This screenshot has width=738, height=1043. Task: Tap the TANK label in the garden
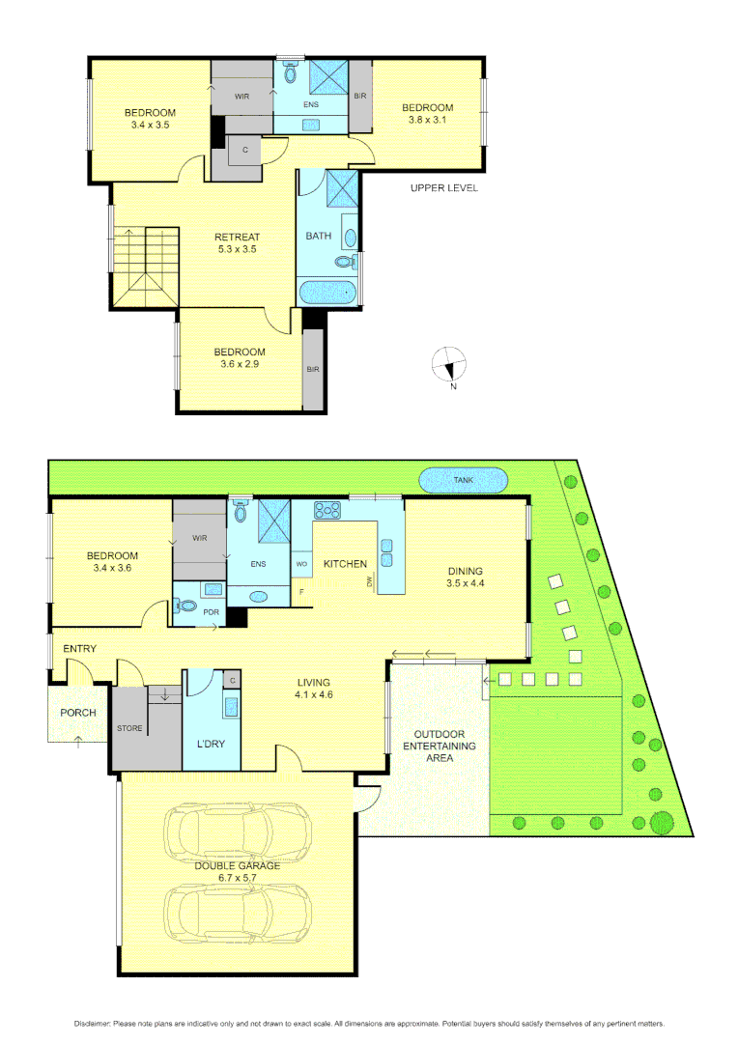tap(463, 480)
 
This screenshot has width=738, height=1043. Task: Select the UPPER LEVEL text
tap(443, 187)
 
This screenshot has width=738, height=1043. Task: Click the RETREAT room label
tap(237, 237)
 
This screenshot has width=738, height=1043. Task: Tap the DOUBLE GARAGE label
tap(237, 865)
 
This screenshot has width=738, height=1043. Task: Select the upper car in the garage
tap(238, 829)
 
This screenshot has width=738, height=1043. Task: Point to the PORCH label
tap(77, 714)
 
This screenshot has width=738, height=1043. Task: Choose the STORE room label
tap(130, 727)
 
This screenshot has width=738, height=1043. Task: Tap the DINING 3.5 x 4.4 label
tap(465, 577)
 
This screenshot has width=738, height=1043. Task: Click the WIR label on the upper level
tap(242, 97)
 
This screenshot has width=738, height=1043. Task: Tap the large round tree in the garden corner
tap(662, 822)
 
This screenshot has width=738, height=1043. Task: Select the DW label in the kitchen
tap(369, 581)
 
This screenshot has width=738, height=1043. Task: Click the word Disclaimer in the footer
tap(94, 1023)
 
